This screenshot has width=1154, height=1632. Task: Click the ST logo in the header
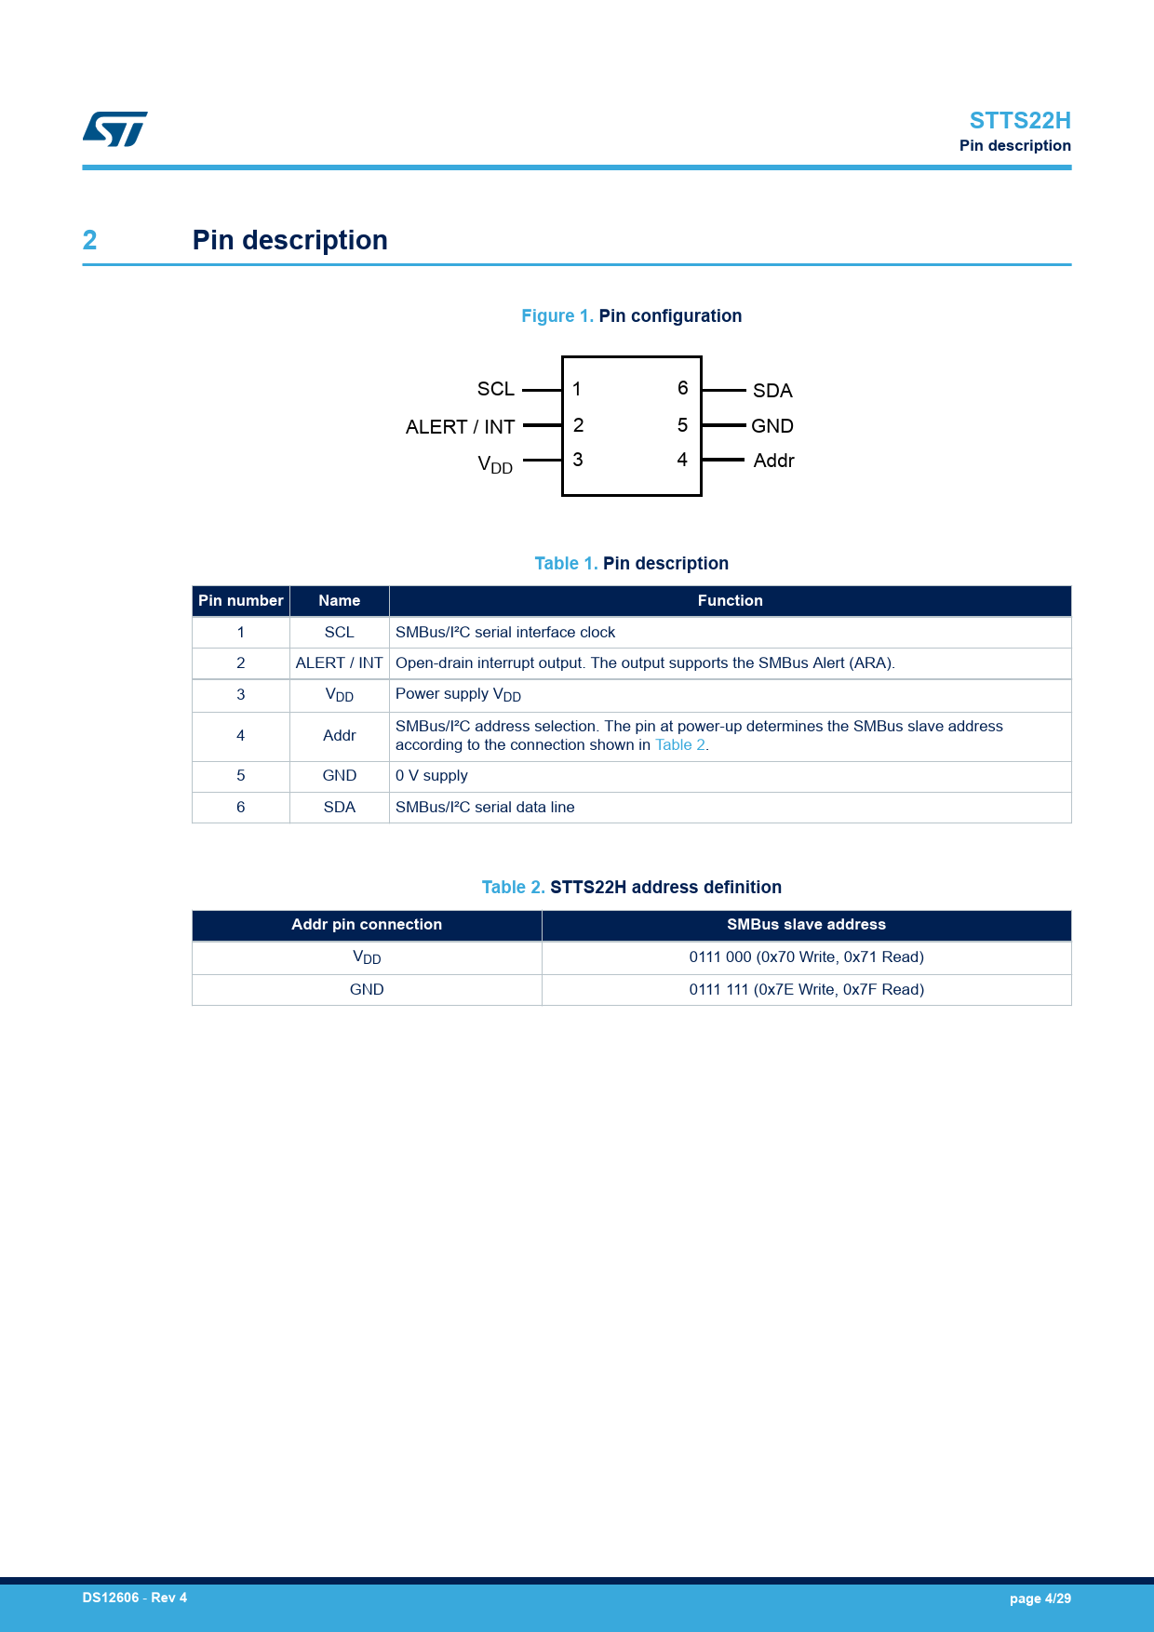pyautogui.click(x=114, y=129)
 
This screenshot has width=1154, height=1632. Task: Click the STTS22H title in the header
pyautogui.click(x=1019, y=121)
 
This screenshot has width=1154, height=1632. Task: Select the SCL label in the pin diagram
pyautogui.click(x=495, y=389)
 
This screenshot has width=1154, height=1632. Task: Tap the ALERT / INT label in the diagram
pyautogui.click(x=460, y=427)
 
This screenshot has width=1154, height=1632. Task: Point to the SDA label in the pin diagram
pyautogui.click(x=772, y=391)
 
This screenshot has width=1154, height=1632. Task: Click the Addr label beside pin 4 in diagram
pyautogui.click(x=773, y=461)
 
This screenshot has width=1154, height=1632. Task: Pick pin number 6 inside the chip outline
pyautogui.click(x=682, y=388)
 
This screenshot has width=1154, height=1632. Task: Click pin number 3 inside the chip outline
pyautogui.click(x=578, y=460)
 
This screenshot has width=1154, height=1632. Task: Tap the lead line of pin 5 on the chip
pyautogui.click(x=724, y=425)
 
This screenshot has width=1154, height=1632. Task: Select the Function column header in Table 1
pyautogui.click(x=730, y=601)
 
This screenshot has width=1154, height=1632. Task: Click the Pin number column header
pyautogui.click(x=240, y=601)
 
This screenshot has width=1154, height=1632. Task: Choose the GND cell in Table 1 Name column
pyautogui.click(x=339, y=776)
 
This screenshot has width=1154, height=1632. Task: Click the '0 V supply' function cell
pyautogui.click(x=432, y=776)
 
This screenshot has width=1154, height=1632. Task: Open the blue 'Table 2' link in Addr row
pyautogui.click(x=680, y=745)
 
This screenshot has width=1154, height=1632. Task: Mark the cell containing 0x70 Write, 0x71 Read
pyautogui.click(x=806, y=957)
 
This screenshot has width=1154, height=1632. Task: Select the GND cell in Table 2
pyautogui.click(x=367, y=990)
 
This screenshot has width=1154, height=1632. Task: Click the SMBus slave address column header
pyautogui.click(x=806, y=925)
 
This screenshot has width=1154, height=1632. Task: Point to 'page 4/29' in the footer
pyautogui.click(x=1040, y=1599)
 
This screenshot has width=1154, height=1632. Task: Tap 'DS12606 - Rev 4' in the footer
pyautogui.click(x=135, y=1598)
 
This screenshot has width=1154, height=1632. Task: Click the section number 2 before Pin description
pyautogui.click(x=89, y=240)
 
